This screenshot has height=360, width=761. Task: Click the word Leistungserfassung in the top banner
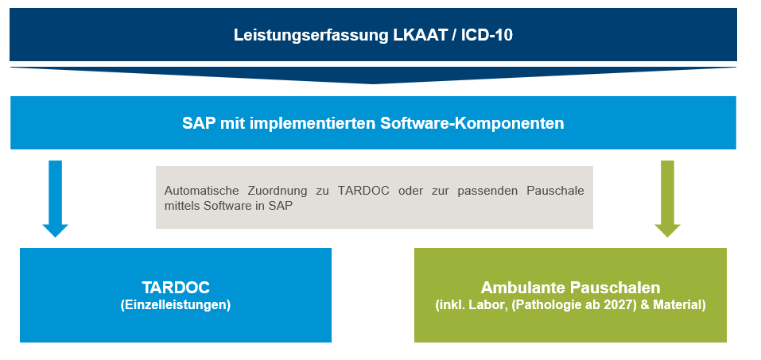tap(311, 36)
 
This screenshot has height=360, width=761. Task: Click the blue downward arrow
tap(56, 199)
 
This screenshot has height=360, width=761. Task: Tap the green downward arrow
tap(667, 199)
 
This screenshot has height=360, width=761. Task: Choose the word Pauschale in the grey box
tap(555, 191)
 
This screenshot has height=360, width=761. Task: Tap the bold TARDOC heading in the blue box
tap(176, 287)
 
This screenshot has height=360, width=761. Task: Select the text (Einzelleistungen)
tap(176, 305)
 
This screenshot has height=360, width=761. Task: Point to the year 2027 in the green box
tap(623, 306)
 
